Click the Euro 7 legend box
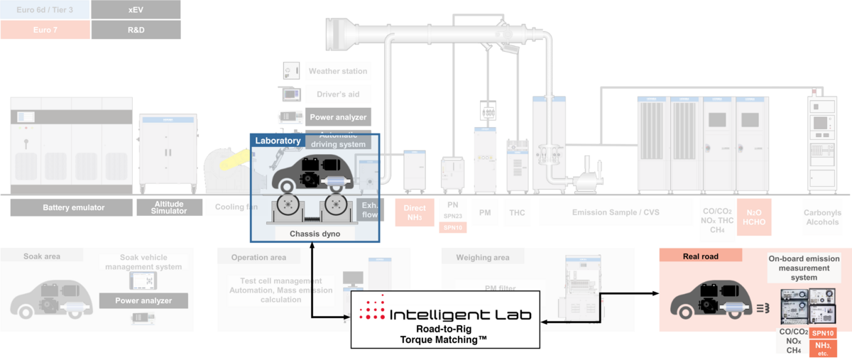coord(45,30)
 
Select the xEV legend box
coord(136,9)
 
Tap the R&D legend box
coord(136,30)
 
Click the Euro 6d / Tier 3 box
coord(45,9)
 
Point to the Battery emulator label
coord(73,207)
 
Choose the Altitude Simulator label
coord(170,207)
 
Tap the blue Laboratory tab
coord(278,141)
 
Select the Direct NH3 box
coord(415,212)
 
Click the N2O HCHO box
coord(753,212)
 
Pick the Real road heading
coord(701,256)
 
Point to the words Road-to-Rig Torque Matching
coord(446,335)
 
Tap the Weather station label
coord(338,71)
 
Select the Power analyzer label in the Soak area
coord(144,301)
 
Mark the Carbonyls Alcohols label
coord(822,216)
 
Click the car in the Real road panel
coord(711,299)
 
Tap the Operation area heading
coord(258,257)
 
